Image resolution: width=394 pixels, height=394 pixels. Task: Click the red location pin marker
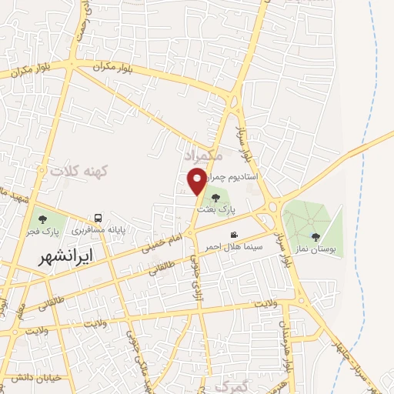(197, 182)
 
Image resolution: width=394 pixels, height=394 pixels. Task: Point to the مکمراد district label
(204, 156)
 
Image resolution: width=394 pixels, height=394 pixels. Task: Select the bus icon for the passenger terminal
(98, 218)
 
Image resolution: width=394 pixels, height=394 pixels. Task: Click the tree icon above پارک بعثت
(215, 197)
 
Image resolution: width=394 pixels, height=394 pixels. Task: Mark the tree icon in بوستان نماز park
(316, 237)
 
